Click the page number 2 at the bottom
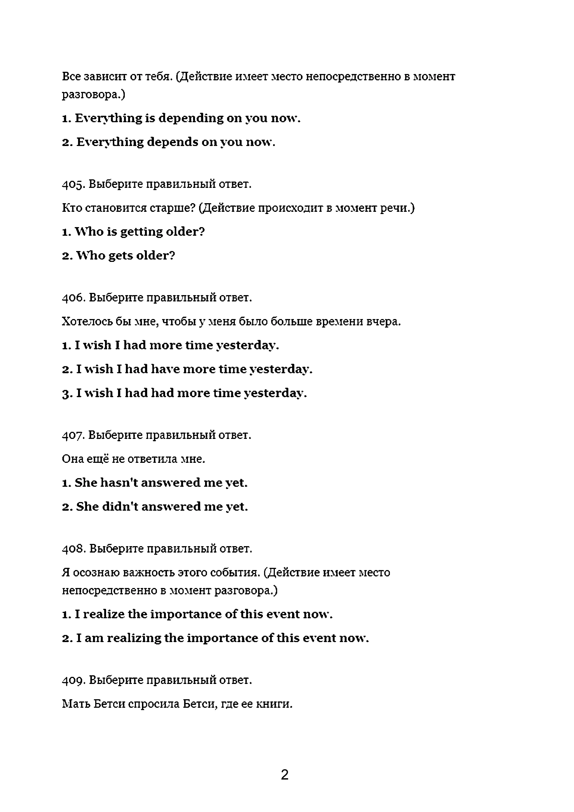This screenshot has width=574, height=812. (285, 775)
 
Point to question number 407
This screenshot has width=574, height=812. (73, 435)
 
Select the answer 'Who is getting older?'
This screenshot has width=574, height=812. (134, 232)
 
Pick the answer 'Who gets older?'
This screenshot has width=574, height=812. (119, 256)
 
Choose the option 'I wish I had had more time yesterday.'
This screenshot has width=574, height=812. (184, 393)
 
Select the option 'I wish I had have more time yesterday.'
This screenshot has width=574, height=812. (187, 369)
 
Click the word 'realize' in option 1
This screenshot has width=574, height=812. (104, 614)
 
